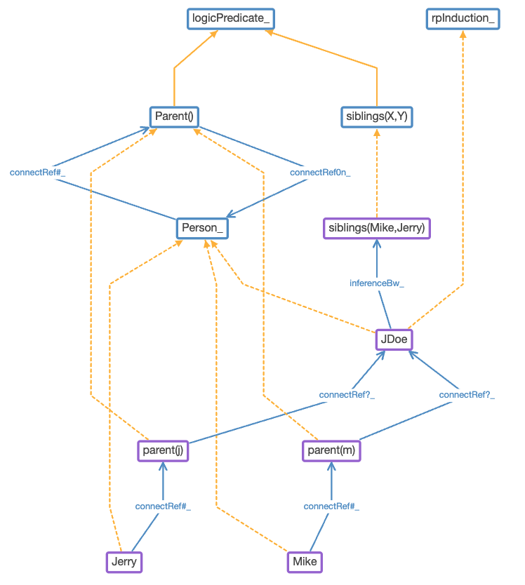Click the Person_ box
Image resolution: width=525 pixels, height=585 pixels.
tap(202, 228)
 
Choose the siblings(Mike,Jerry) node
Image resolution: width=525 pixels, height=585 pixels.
tap(377, 228)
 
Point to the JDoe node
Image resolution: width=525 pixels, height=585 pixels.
tap(393, 339)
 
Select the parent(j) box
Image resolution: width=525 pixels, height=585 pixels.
tap(163, 450)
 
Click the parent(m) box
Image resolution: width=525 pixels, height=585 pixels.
tap(331, 450)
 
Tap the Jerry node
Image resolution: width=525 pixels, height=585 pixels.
tap(124, 562)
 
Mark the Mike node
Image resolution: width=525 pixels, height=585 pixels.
tap(305, 562)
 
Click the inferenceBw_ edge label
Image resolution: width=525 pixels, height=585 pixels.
tap(377, 283)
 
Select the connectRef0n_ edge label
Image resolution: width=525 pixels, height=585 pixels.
tap(320, 172)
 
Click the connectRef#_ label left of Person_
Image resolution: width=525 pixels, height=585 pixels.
tap(37, 172)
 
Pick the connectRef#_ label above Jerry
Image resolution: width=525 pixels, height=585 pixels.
tap(163, 506)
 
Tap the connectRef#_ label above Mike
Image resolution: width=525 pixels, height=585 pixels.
tap(331, 506)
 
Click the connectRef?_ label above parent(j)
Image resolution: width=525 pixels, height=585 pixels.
tap(347, 395)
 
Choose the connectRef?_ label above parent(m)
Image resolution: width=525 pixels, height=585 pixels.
tap(467, 395)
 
